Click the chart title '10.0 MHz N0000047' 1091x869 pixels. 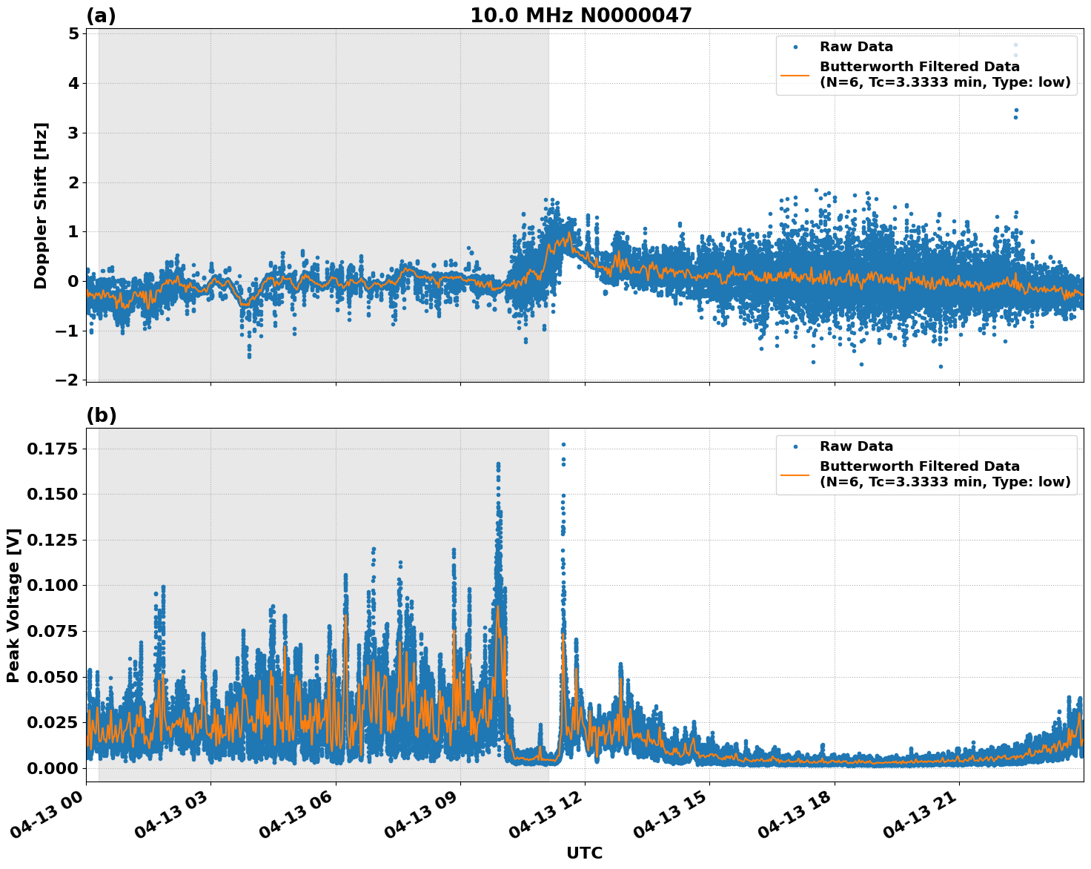pyautogui.click(x=580, y=16)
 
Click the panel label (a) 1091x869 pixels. pyautogui.click(x=101, y=16)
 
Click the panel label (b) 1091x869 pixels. pyautogui.click(x=101, y=415)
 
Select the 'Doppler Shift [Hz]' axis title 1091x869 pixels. pyautogui.click(x=41, y=205)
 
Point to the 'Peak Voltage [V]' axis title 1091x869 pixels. pyautogui.click(x=13, y=605)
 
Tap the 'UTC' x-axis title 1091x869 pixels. pyautogui.click(x=584, y=853)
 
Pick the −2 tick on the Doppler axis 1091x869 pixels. pyautogui.click(x=67, y=380)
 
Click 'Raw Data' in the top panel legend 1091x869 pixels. pyautogui.click(x=856, y=47)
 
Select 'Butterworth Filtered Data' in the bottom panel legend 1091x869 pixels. pyautogui.click(x=919, y=466)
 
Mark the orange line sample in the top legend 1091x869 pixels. pyautogui.click(x=795, y=75)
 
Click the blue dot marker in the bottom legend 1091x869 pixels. pyautogui.click(x=795, y=446)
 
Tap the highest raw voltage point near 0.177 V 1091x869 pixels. pyautogui.click(x=563, y=444)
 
